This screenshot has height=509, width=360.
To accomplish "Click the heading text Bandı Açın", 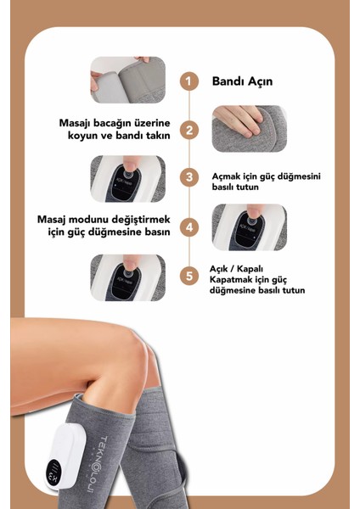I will [x=240, y=81].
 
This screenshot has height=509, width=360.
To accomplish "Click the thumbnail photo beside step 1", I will [x=128, y=80].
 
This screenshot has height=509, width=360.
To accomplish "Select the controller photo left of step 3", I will [x=128, y=178].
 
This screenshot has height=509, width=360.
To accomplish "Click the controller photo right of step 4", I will [x=249, y=227].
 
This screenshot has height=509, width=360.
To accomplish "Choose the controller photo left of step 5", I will [x=128, y=277].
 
